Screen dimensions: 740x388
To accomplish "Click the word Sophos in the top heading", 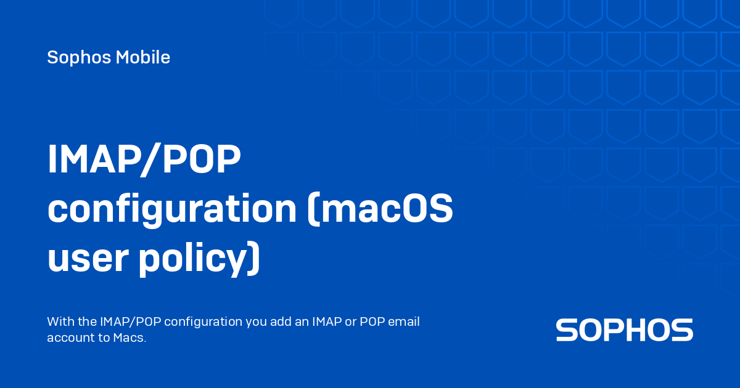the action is (x=79, y=58).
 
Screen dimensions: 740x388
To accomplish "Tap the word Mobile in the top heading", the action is (x=142, y=57).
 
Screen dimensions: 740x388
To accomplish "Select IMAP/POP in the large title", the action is (x=144, y=160).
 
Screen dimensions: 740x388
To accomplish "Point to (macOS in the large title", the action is (x=380, y=209).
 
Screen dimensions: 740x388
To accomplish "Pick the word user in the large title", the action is (x=88, y=258).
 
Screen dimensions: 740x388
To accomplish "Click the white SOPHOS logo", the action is (x=624, y=330).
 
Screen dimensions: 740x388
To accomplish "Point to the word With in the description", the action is (x=61, y=321).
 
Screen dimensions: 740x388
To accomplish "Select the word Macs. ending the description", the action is (x=129, y=337).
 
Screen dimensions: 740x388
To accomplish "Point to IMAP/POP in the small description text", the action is (x=130, y=322).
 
